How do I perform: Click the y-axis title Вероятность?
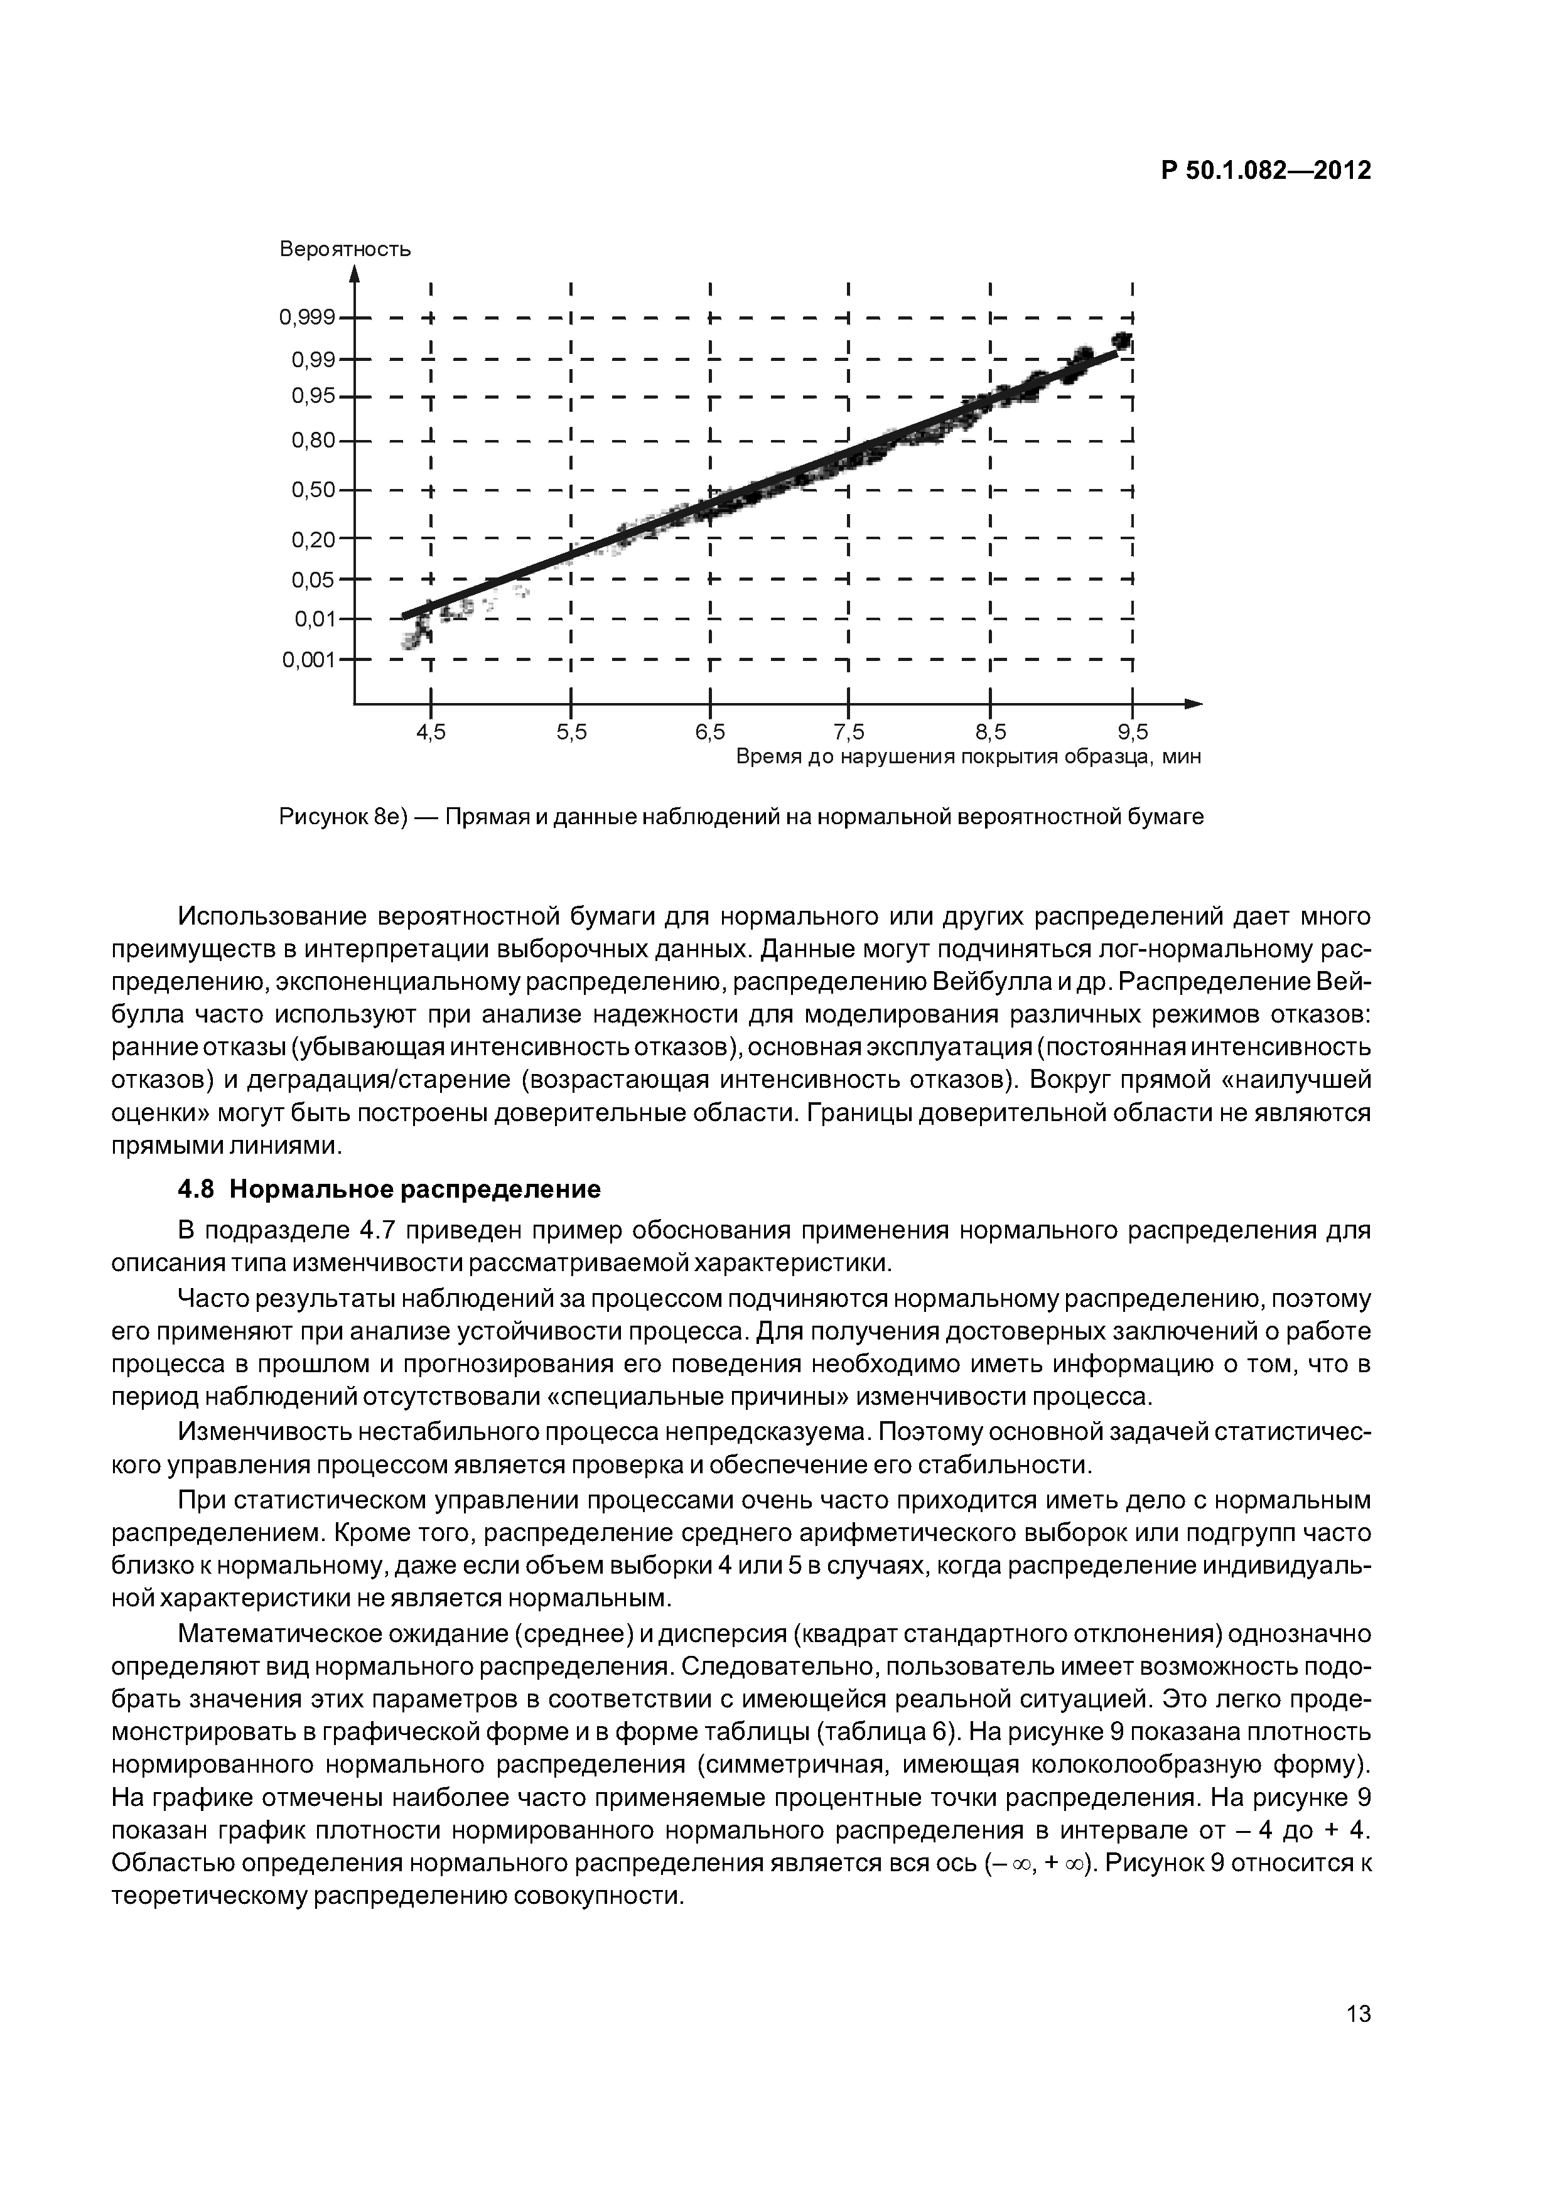(345, 249)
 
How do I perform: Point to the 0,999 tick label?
(307, 318)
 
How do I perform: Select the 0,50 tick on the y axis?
(313, 490)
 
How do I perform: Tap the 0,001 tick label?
(309, 660)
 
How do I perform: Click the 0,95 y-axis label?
(313, 395)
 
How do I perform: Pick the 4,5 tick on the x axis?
(431, 733)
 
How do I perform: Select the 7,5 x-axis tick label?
(849, 733)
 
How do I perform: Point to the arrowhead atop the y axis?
(354, 274)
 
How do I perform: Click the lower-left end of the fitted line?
(405, 615)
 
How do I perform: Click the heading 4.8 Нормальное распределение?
(389, 1190)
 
